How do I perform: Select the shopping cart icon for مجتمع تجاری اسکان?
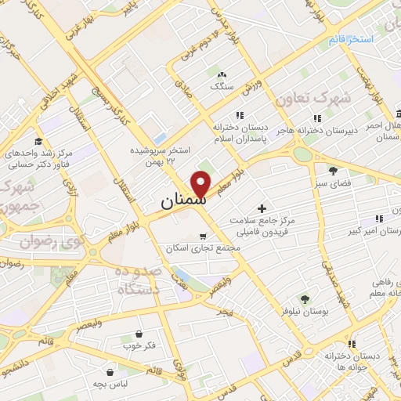pyautogui.click(x=203, y=236)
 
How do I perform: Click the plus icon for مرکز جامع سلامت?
pyautogui.click(x=262, y=208)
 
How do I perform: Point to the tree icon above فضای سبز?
pyautogui.click(x=333, y=170)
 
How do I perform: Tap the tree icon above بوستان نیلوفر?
pyautogui.click(x=305, y=299)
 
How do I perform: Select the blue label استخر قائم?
pyautogui.click(x=350, y=38)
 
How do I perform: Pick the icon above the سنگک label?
pyautogui.click(x=220, y=75)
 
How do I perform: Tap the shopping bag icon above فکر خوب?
pyautogui.click(x=139, y=334)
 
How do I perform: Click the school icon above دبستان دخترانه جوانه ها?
pyautogui.click(x=352, y=343)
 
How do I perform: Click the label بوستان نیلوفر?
pyautogui.click(x=304, y=311)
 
